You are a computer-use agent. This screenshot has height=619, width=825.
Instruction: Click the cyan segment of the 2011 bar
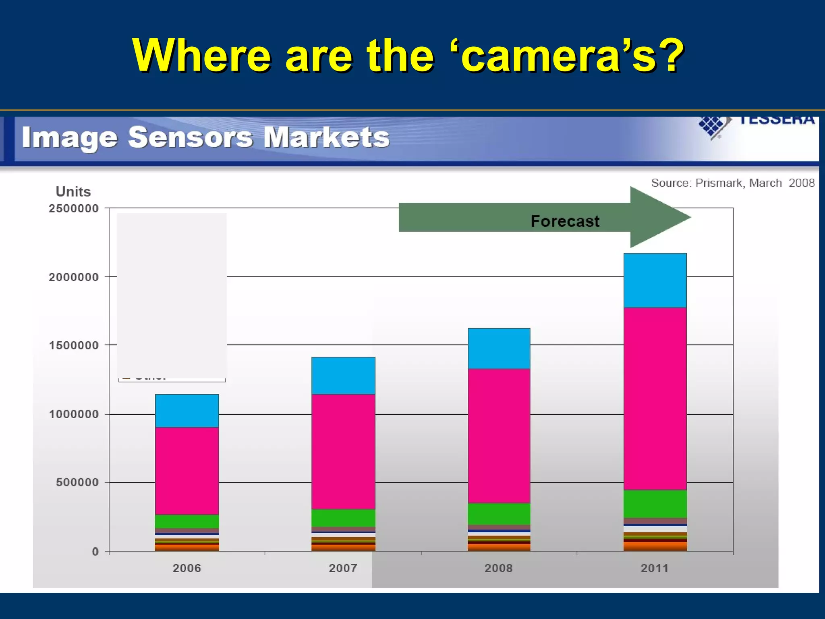click(655, 280)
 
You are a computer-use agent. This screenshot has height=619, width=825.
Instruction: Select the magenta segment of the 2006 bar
click(187, 471)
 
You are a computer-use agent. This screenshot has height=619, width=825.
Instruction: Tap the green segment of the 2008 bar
click(499, 514)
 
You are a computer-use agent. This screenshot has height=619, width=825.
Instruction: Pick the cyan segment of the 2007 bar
click(343, 376)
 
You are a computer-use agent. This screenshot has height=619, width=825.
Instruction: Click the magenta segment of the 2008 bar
click(499, 436)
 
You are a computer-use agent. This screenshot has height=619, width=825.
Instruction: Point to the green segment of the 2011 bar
click(655, 504)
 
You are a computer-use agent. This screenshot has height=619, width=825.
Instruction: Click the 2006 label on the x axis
click(187, 568)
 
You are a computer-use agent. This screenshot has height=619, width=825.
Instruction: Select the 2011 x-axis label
click(655, 568)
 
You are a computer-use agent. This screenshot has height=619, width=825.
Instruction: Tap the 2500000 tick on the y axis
click(74, 208)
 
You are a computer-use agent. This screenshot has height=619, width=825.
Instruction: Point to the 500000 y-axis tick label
click(77, 482)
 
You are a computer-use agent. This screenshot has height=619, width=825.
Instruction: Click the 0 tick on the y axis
click(95, 551)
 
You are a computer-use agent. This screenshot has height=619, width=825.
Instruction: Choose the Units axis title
click(73, 191)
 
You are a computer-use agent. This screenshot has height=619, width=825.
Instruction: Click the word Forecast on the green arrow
click(565, 221)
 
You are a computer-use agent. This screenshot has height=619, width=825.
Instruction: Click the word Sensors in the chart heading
click(191, 137)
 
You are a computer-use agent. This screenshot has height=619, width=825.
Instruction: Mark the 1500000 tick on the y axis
click(74, 345)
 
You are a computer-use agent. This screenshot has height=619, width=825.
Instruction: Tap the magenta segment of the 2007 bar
click(343, 451)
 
